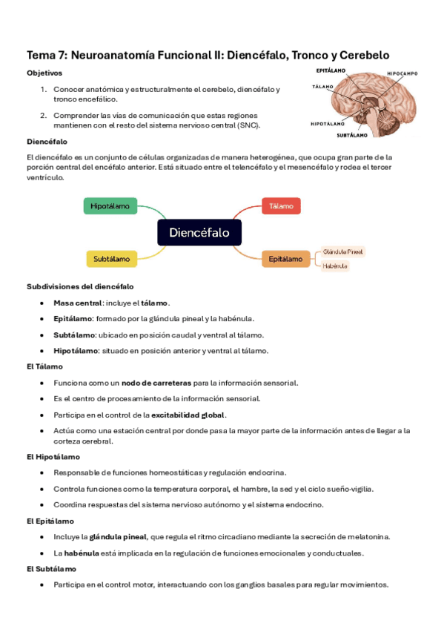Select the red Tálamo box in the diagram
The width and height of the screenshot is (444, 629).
tap(281, 205)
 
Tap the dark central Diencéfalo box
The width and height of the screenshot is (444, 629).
tap(199, 232)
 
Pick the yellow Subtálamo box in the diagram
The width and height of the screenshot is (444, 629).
tap(112, 259)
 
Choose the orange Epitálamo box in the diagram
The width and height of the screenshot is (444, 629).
tap(285, 259)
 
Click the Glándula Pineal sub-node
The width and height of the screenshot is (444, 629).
tap(342, 252)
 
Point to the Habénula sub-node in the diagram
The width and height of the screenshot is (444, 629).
tap(335, 266)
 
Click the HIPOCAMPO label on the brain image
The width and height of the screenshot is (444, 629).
tap(402, 73)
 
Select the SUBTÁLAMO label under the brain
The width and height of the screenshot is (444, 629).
tap(352, 136)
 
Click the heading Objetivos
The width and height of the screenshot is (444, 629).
tap(44, 73)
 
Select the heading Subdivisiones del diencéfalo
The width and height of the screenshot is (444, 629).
tap(80, 286)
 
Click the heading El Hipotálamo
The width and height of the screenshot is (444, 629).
tap(53, 457)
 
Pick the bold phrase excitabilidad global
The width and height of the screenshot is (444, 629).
tap(188, 415)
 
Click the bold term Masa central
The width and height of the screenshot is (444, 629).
tap(78, 303)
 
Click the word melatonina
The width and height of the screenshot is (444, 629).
tap(370, 536)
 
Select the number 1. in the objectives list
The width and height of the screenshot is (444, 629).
tap(44, 89)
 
